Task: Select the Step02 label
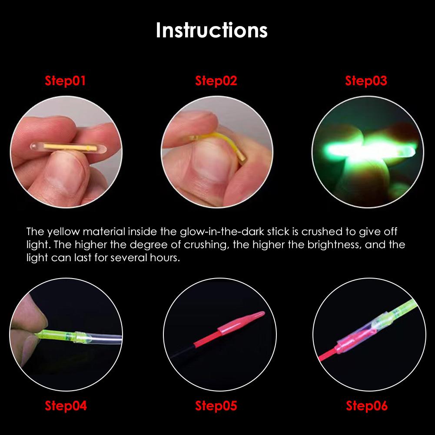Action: tap(216, 81)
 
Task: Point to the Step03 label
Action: tap(366, 81)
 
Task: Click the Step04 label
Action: tap(66, 406)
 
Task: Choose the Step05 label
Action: tap(216, 406)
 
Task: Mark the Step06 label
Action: tap(366, 406)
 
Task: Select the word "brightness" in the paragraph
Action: tap(334, 244)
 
